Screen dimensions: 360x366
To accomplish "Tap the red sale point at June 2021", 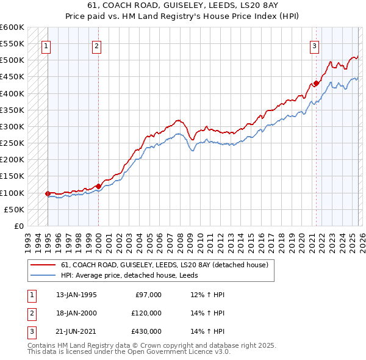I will [x=316, y=84].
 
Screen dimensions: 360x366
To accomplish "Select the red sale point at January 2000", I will [x=98, y=185].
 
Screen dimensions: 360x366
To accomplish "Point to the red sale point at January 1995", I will [x=48, y=193].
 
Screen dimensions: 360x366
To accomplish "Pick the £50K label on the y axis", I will [x=15, y=209].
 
